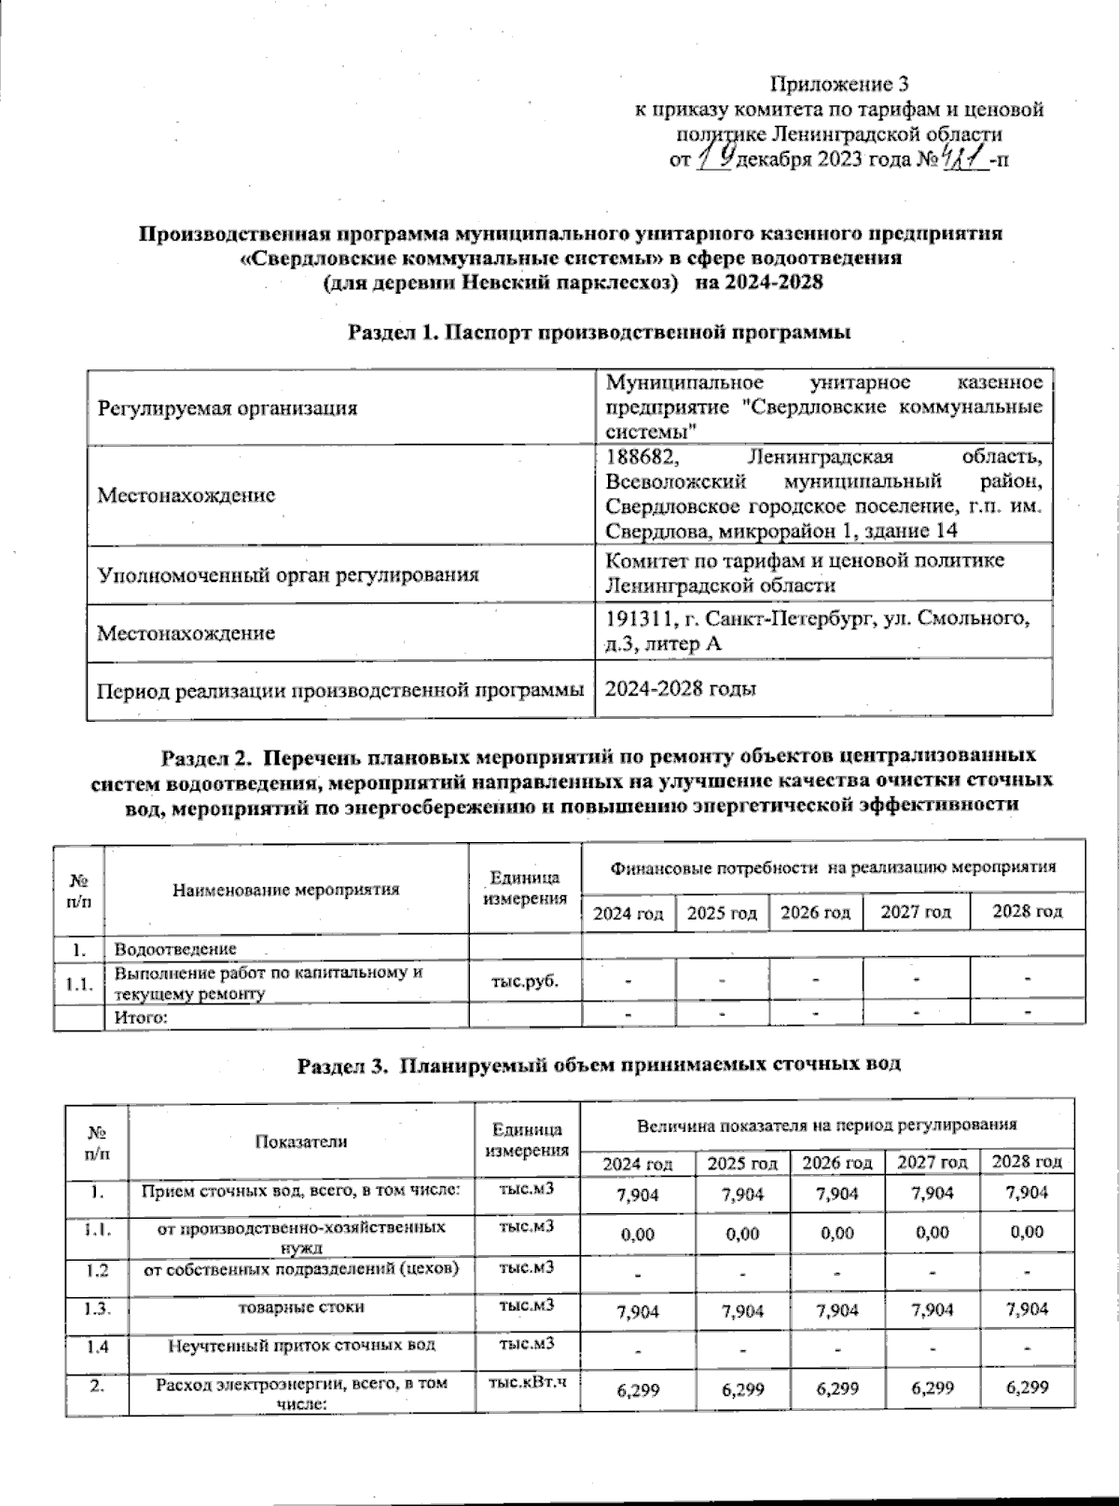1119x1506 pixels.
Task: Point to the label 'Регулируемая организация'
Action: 228,408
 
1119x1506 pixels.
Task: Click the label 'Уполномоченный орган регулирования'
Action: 288,573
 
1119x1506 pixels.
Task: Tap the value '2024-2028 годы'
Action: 681,689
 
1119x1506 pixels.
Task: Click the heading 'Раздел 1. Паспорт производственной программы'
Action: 601,332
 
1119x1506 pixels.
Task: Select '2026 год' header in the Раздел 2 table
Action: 815,912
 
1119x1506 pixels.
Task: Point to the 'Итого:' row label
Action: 140,1017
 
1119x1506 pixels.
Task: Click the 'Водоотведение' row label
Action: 175,949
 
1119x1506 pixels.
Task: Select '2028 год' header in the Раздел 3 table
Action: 1027,1162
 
